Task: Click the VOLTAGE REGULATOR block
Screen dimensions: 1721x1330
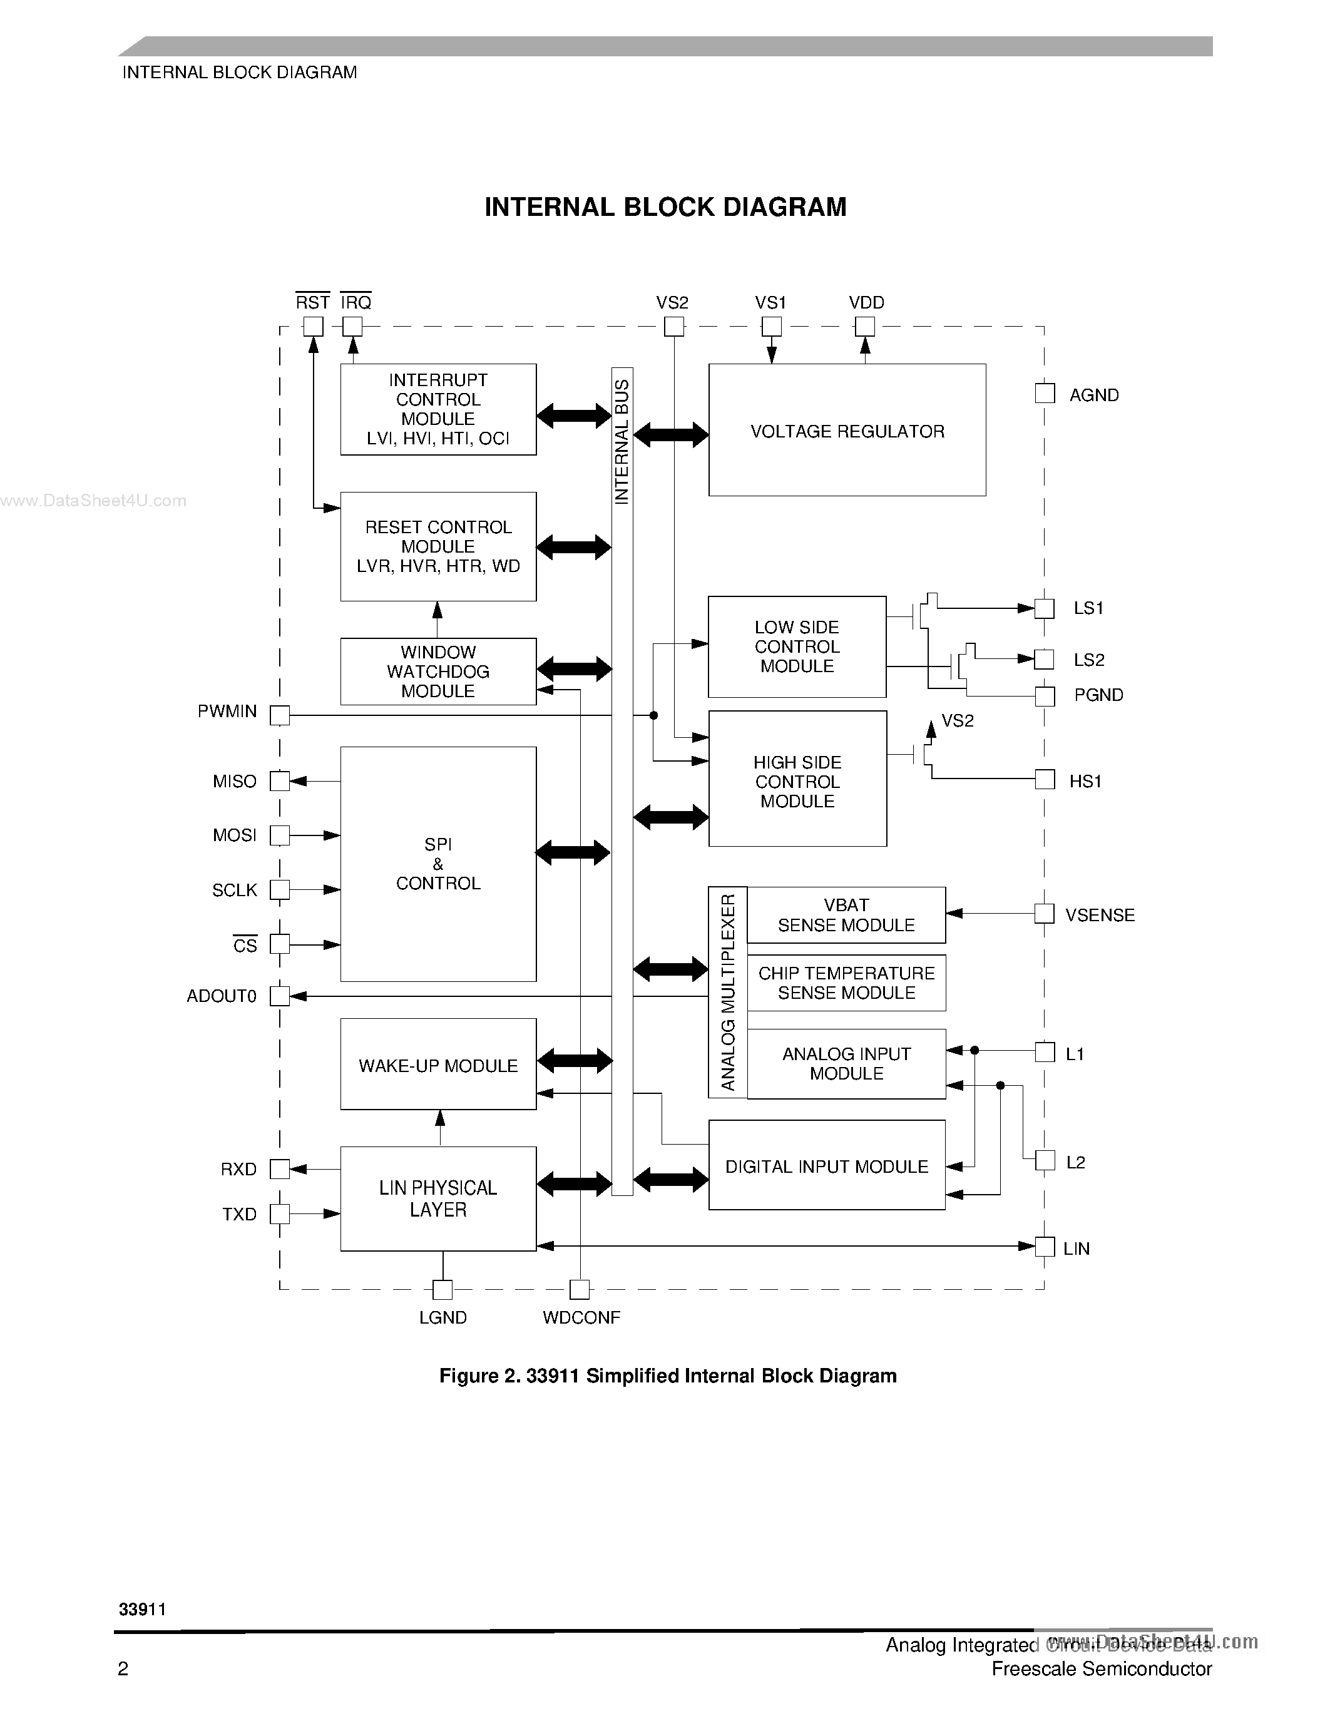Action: coord(847,431)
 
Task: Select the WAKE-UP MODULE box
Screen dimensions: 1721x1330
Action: coord(438,1065)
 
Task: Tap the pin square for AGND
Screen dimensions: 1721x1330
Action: coord(1045,393)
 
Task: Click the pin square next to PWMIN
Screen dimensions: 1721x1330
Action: coord(280,715)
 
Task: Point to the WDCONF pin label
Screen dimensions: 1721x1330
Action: coord(581,1317)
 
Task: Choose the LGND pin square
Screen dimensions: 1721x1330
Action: coord(442,1290)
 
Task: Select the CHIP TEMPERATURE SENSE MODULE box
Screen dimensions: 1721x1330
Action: coord(846,983)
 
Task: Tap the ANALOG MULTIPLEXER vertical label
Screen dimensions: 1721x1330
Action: coord(728,992)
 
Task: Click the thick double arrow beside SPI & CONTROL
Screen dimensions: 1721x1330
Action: coord(573,852)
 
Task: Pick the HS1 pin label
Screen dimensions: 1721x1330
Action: coord(1085,781)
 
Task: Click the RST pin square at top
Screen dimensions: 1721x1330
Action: coord(314,326)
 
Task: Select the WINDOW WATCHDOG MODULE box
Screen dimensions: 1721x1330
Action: coord(438,672)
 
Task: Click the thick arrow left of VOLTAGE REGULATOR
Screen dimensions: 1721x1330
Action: coord(670,434)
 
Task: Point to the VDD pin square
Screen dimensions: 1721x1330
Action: coord(865,326)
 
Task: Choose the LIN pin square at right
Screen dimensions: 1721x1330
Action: coord(1045,1247)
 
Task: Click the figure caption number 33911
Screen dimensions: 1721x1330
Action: coord(552,1376)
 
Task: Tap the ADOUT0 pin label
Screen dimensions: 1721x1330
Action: coord(222,996)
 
